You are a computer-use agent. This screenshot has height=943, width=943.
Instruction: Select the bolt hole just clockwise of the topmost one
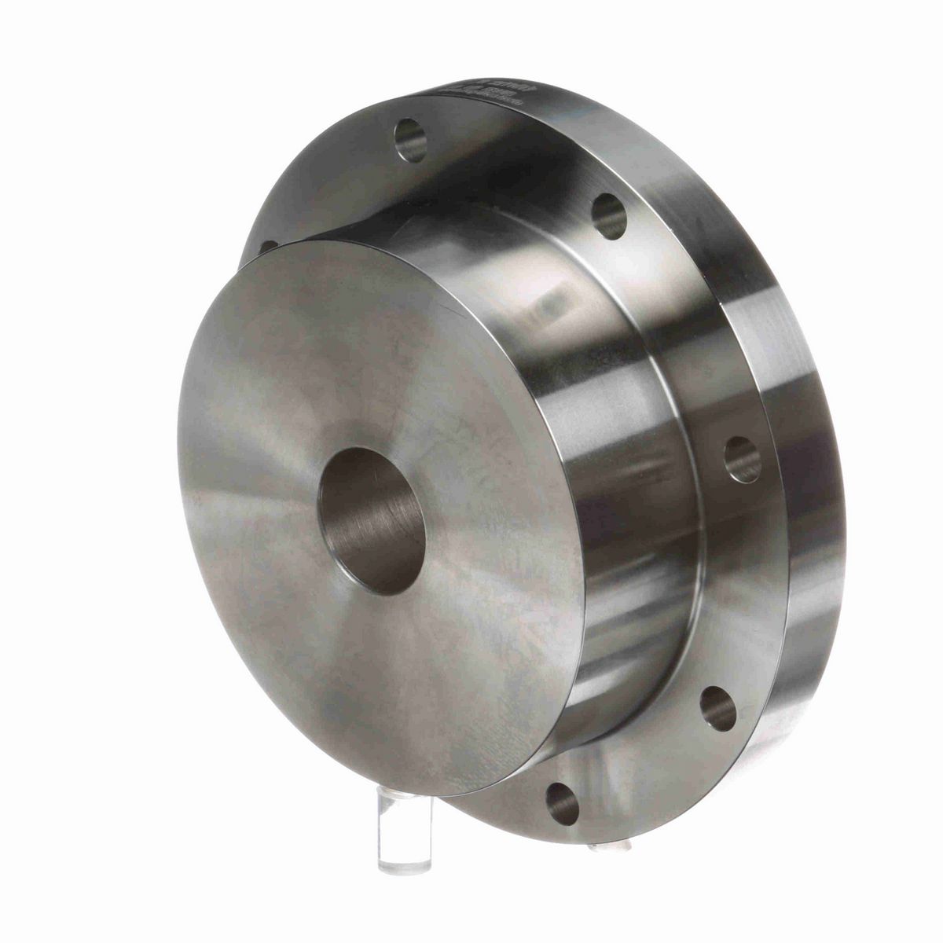(x=607, y=217)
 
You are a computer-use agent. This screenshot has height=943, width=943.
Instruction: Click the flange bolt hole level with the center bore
(x=742, y=460)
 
